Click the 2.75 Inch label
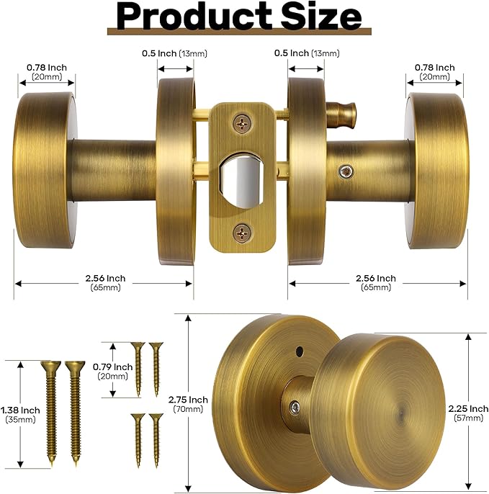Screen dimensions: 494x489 (x=189, y=400)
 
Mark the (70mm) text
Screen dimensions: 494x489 (x=189, y=410)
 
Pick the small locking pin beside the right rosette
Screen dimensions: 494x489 (x=341, y=111)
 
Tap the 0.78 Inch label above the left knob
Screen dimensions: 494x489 (x=47, y=68)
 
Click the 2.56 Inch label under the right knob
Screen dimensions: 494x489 (x=376, y=278)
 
